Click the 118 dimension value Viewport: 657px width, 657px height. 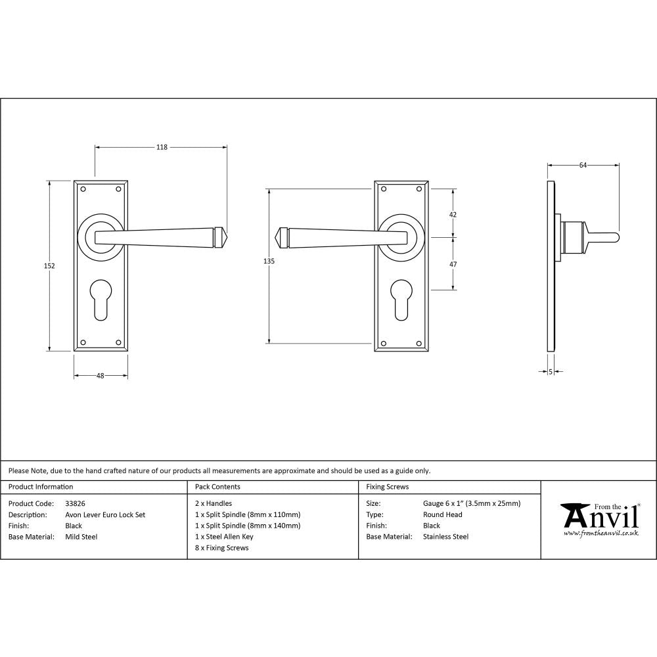(x=162, y=147)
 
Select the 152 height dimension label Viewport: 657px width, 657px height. (x=50, y=266)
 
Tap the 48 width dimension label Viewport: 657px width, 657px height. (x=101, y=376)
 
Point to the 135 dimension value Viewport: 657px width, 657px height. (x=268, y=261)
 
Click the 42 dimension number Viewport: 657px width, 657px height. (x=453, y=215)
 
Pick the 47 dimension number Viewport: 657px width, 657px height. (x=453, y=263)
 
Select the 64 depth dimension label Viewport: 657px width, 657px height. (x=583, y=166)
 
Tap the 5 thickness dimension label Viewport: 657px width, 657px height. (x=550, y=372)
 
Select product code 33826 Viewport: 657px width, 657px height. (x=76, y=504)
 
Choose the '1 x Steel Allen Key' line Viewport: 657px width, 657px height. (x=224, y=537)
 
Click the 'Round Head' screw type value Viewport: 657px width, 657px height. (x=442, y=515)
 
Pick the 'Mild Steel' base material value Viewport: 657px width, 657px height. (x=81, y=537)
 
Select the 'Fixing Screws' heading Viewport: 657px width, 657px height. (x=387, y=487)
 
